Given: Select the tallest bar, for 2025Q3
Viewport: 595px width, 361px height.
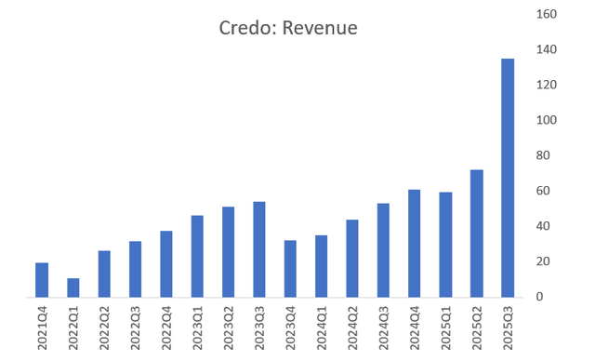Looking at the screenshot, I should click(x=508, y=178).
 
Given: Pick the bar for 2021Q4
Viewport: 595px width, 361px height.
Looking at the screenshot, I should click(x=42, y=279).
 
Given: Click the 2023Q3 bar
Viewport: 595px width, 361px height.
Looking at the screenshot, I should click(x=259, y=249).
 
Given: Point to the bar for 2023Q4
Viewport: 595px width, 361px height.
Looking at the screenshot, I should click(x=290, y=269).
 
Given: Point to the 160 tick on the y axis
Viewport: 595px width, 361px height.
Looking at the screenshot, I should click(x=548, y=14).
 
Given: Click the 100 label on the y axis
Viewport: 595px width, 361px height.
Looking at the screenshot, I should click(x=548, y=120).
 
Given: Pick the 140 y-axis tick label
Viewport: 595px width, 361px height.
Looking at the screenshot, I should click(x=548, y=49).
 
